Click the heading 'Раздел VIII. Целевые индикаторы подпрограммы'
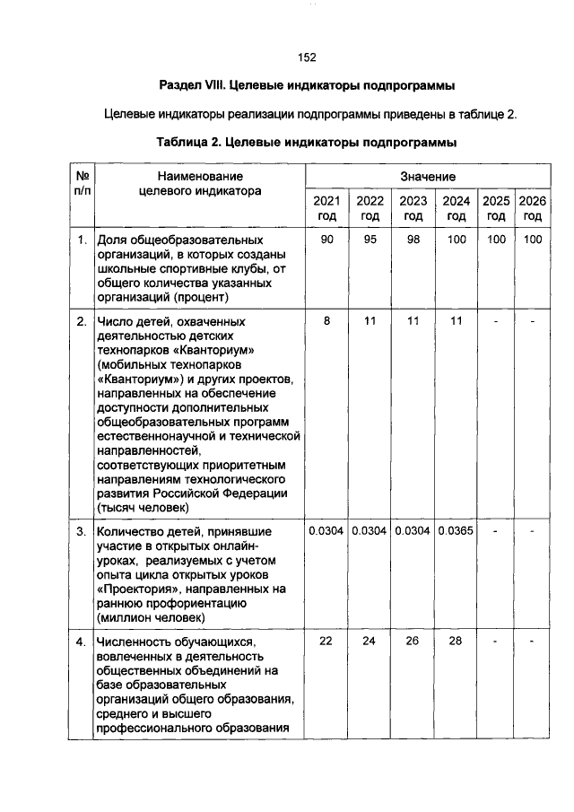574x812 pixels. click(x=307, y=86)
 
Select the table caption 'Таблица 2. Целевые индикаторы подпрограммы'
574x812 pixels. click(x=307, y=142)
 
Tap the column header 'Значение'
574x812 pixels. click(x=428, y=177)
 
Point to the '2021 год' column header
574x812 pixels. click(x=326, y=208)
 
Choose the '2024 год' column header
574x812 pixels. click(x=457, y=208)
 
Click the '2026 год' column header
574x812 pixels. click(x=533, y=208)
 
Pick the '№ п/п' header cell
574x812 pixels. click(x=81, y=184)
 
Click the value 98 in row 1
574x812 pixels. click(x=413, y=240)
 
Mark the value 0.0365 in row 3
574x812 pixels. click(x=457, y=531)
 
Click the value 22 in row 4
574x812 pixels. click(x=326, y=642)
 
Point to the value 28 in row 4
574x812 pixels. click(x=457, y=642)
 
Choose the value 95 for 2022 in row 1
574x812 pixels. click(x=370, y=240)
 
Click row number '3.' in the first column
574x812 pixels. click(x=81, y=531)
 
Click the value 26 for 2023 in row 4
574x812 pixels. click(x=413, y=642)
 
